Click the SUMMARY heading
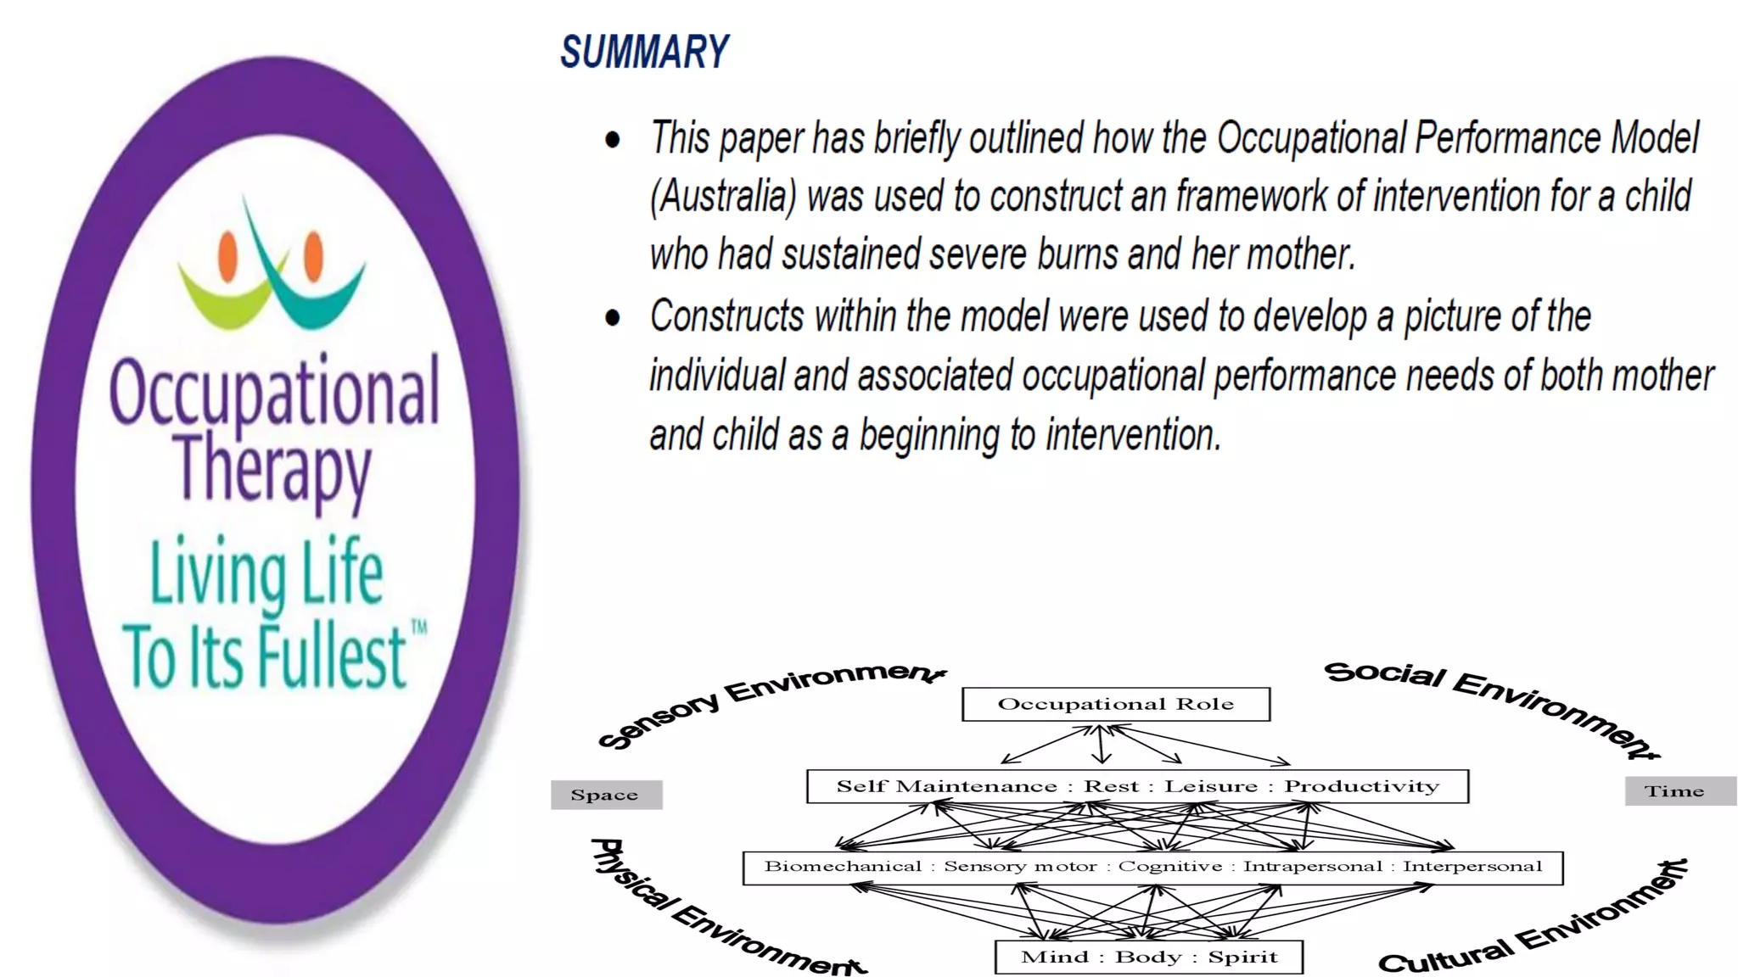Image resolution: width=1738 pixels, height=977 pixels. pyautogui.click(x=644, y=53)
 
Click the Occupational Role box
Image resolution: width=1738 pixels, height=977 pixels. pyautogui.click(x=1115, y=704)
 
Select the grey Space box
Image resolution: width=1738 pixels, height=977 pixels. pyautogui.click(x=606, y=795)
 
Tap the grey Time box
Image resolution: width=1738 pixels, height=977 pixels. pyautogui.click(x=1679, y=791)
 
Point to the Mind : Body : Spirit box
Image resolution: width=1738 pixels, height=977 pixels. pyautogui.click(x=1148, y=957)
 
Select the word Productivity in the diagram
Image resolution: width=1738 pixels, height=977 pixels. pyautogui.click(x=1361, y=786)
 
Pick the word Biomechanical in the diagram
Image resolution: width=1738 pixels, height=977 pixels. pyautogui.click(x=842, y=866)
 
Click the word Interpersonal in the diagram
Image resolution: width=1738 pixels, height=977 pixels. pyautogui.click(x=1472, y=866)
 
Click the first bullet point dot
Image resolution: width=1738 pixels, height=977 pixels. pyautogui.click(x=612, y=140)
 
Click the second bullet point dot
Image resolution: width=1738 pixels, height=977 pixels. pyautogui.click(x=612, y=318)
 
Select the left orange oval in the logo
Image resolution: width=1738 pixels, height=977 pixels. pyautogui.click(x=227, y=257)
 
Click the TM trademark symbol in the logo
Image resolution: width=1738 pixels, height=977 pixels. pyautogui.click(x=418, y=628)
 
